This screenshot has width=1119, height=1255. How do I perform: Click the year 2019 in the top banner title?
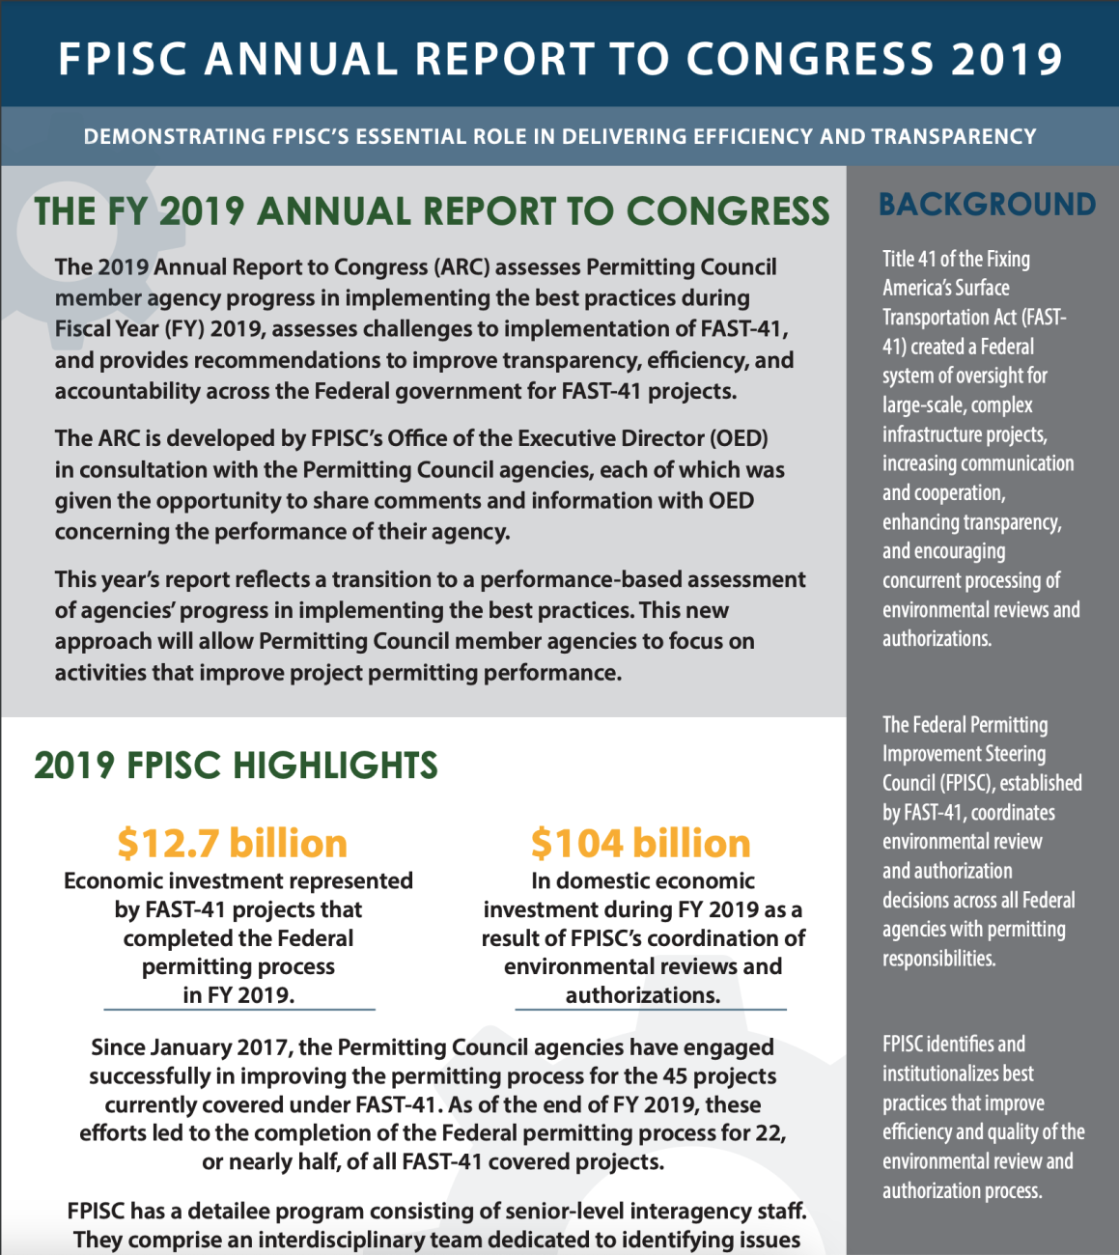click(1007, 59)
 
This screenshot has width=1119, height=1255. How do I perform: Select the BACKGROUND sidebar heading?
click(987, 205)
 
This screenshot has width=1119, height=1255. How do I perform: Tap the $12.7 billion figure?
click(232, 843)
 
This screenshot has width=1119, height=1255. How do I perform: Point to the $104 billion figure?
click(640, 843)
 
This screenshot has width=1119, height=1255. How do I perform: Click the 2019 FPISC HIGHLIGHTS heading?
click(236, 766)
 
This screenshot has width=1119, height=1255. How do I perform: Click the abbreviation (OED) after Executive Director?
click(739, 438)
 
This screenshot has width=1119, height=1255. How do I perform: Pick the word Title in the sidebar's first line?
click(898, 259)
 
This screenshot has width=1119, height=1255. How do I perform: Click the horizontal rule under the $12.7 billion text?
click(238, 1010)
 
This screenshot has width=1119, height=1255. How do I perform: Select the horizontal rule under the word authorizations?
click(650, 1010)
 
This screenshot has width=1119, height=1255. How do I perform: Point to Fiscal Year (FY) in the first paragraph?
click(128, 328)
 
